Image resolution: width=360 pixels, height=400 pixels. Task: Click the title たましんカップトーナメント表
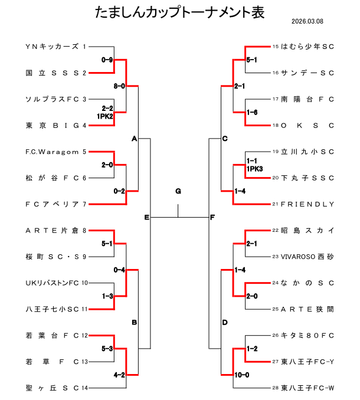[179, 12]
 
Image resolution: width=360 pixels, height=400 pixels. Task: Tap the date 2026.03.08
[307, 22]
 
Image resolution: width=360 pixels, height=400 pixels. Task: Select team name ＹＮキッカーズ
[52, 46]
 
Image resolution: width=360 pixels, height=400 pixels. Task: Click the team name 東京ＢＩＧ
[52, 125]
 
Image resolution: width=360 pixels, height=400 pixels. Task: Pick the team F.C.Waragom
[52, 152]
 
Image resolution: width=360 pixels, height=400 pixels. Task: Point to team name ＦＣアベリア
[52, 204]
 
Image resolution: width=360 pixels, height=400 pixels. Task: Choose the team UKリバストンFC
[52, 283]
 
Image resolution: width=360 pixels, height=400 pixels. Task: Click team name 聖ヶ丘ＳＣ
[52, 388]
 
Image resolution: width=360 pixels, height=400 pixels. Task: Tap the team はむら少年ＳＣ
[307, 46]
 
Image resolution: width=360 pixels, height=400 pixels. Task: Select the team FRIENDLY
[307, 204]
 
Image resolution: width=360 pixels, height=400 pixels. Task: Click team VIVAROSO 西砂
[307, 257]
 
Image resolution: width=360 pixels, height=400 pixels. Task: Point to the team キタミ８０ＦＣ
[307, 335]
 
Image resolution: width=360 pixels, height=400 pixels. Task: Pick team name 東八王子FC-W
[307, 388]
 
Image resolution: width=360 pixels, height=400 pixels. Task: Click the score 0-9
[107, 60]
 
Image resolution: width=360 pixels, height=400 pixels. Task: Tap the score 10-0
[242, 375]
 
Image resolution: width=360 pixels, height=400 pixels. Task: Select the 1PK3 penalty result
[254, 169]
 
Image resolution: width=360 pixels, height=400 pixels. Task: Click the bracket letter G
[178, 191]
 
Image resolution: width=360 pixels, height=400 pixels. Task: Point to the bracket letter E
[146, 218]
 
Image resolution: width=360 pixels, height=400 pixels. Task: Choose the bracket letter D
[224, 323]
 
